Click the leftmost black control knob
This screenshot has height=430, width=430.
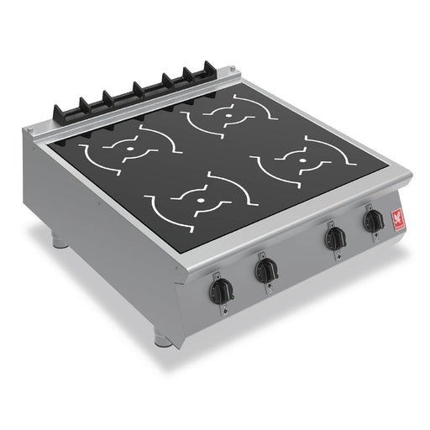(220, 290)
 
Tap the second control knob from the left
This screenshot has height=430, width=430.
(266, 270)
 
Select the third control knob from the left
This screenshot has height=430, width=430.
(335, 239)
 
